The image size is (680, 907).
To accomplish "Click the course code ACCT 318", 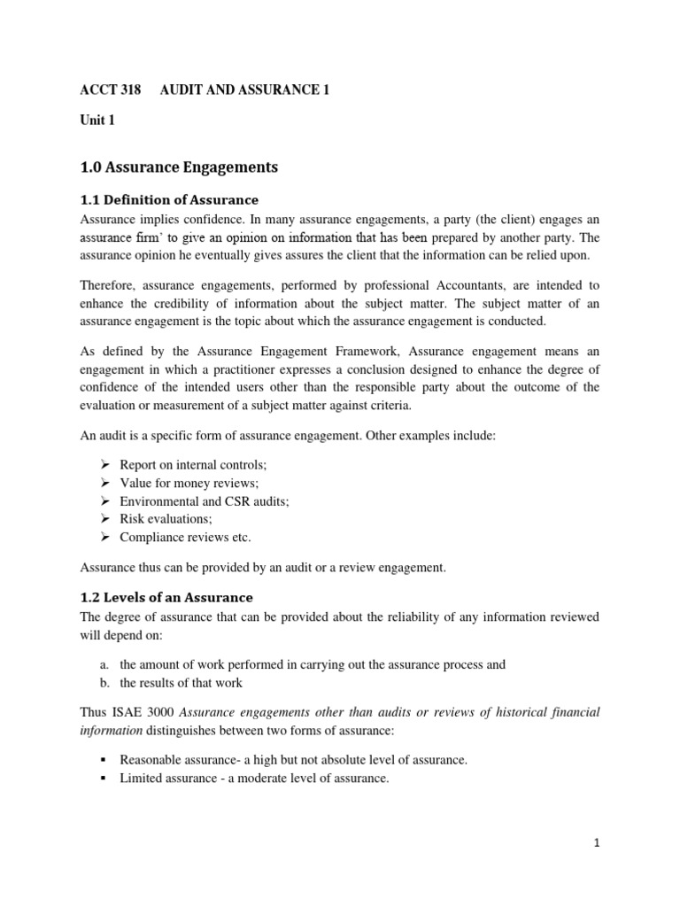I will point(110,90).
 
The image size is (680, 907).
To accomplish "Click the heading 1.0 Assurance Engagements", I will point(179,167).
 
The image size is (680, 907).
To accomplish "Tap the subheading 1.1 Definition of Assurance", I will point(170,199).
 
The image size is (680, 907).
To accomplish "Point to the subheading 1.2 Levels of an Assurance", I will point(166,597).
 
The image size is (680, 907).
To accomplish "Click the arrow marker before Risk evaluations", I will point(104,518).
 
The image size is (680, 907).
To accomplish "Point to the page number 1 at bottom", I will point(597,843).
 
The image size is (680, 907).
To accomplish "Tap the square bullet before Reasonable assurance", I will point(104,760).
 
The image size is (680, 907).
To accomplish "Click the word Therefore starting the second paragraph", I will point(110,285).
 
